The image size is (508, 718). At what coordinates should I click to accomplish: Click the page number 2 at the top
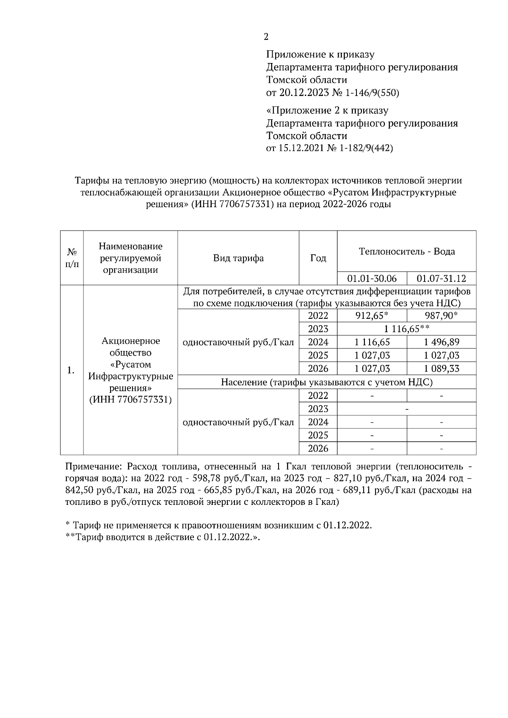pyautogui.click(x=266, y=37)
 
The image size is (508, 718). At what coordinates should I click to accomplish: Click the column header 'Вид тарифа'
pyautogui.click(x=238, y=258)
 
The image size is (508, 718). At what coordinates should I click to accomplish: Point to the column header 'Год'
pyautogui.click(x=318, y=258)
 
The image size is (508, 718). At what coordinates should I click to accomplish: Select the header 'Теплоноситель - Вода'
pyautogui.click(x=406, y=251)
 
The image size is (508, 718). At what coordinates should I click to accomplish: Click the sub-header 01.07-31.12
pyautogui.click(x=441, y=279)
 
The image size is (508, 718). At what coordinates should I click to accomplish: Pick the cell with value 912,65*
pyautogui.click(x=372, y=315)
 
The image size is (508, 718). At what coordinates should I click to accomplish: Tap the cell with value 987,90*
pyautogui.click(x=441, y=315)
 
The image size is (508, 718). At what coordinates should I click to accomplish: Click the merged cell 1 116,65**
pyautogui.click(x=406, y=329)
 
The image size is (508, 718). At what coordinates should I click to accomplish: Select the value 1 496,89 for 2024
pyautogui.click(x=441, y=342)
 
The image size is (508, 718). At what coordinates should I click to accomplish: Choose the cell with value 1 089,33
pyautogui.click(x=441, y=368)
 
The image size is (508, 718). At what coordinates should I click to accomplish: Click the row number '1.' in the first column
pyautogui.click(x=71, y=370)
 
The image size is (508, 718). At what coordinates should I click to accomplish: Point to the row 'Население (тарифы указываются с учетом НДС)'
pyautogui.click(x=326, y=382)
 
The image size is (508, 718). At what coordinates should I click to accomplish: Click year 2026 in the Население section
pyautogui.click(x=318, y=448)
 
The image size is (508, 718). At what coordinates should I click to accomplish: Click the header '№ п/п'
pyautogui.click(x=72, y=258)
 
